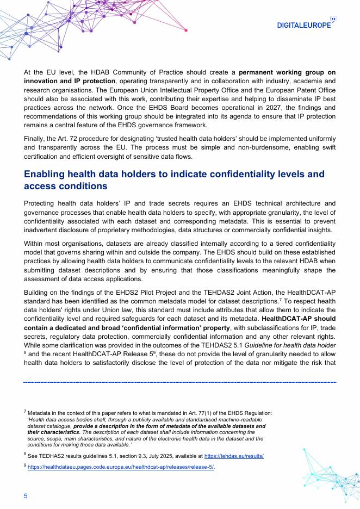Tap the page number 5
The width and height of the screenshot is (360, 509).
pyautogui.click(x=25, y=495)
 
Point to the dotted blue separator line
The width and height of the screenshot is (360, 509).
pyautogui.click(x=179, y=383)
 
